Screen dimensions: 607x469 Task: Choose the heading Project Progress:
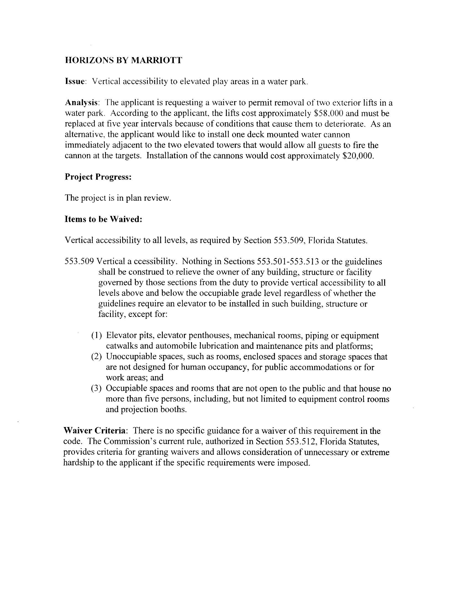(98, 177)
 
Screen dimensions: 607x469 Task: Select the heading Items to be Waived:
(103, 219)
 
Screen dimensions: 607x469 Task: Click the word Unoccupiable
(130, 357)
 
